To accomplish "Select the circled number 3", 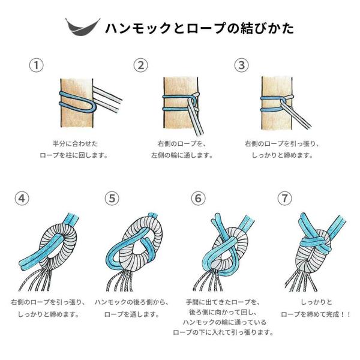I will (241, 65).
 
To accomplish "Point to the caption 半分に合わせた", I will (75, 144).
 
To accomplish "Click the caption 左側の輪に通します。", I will (182, 155).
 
